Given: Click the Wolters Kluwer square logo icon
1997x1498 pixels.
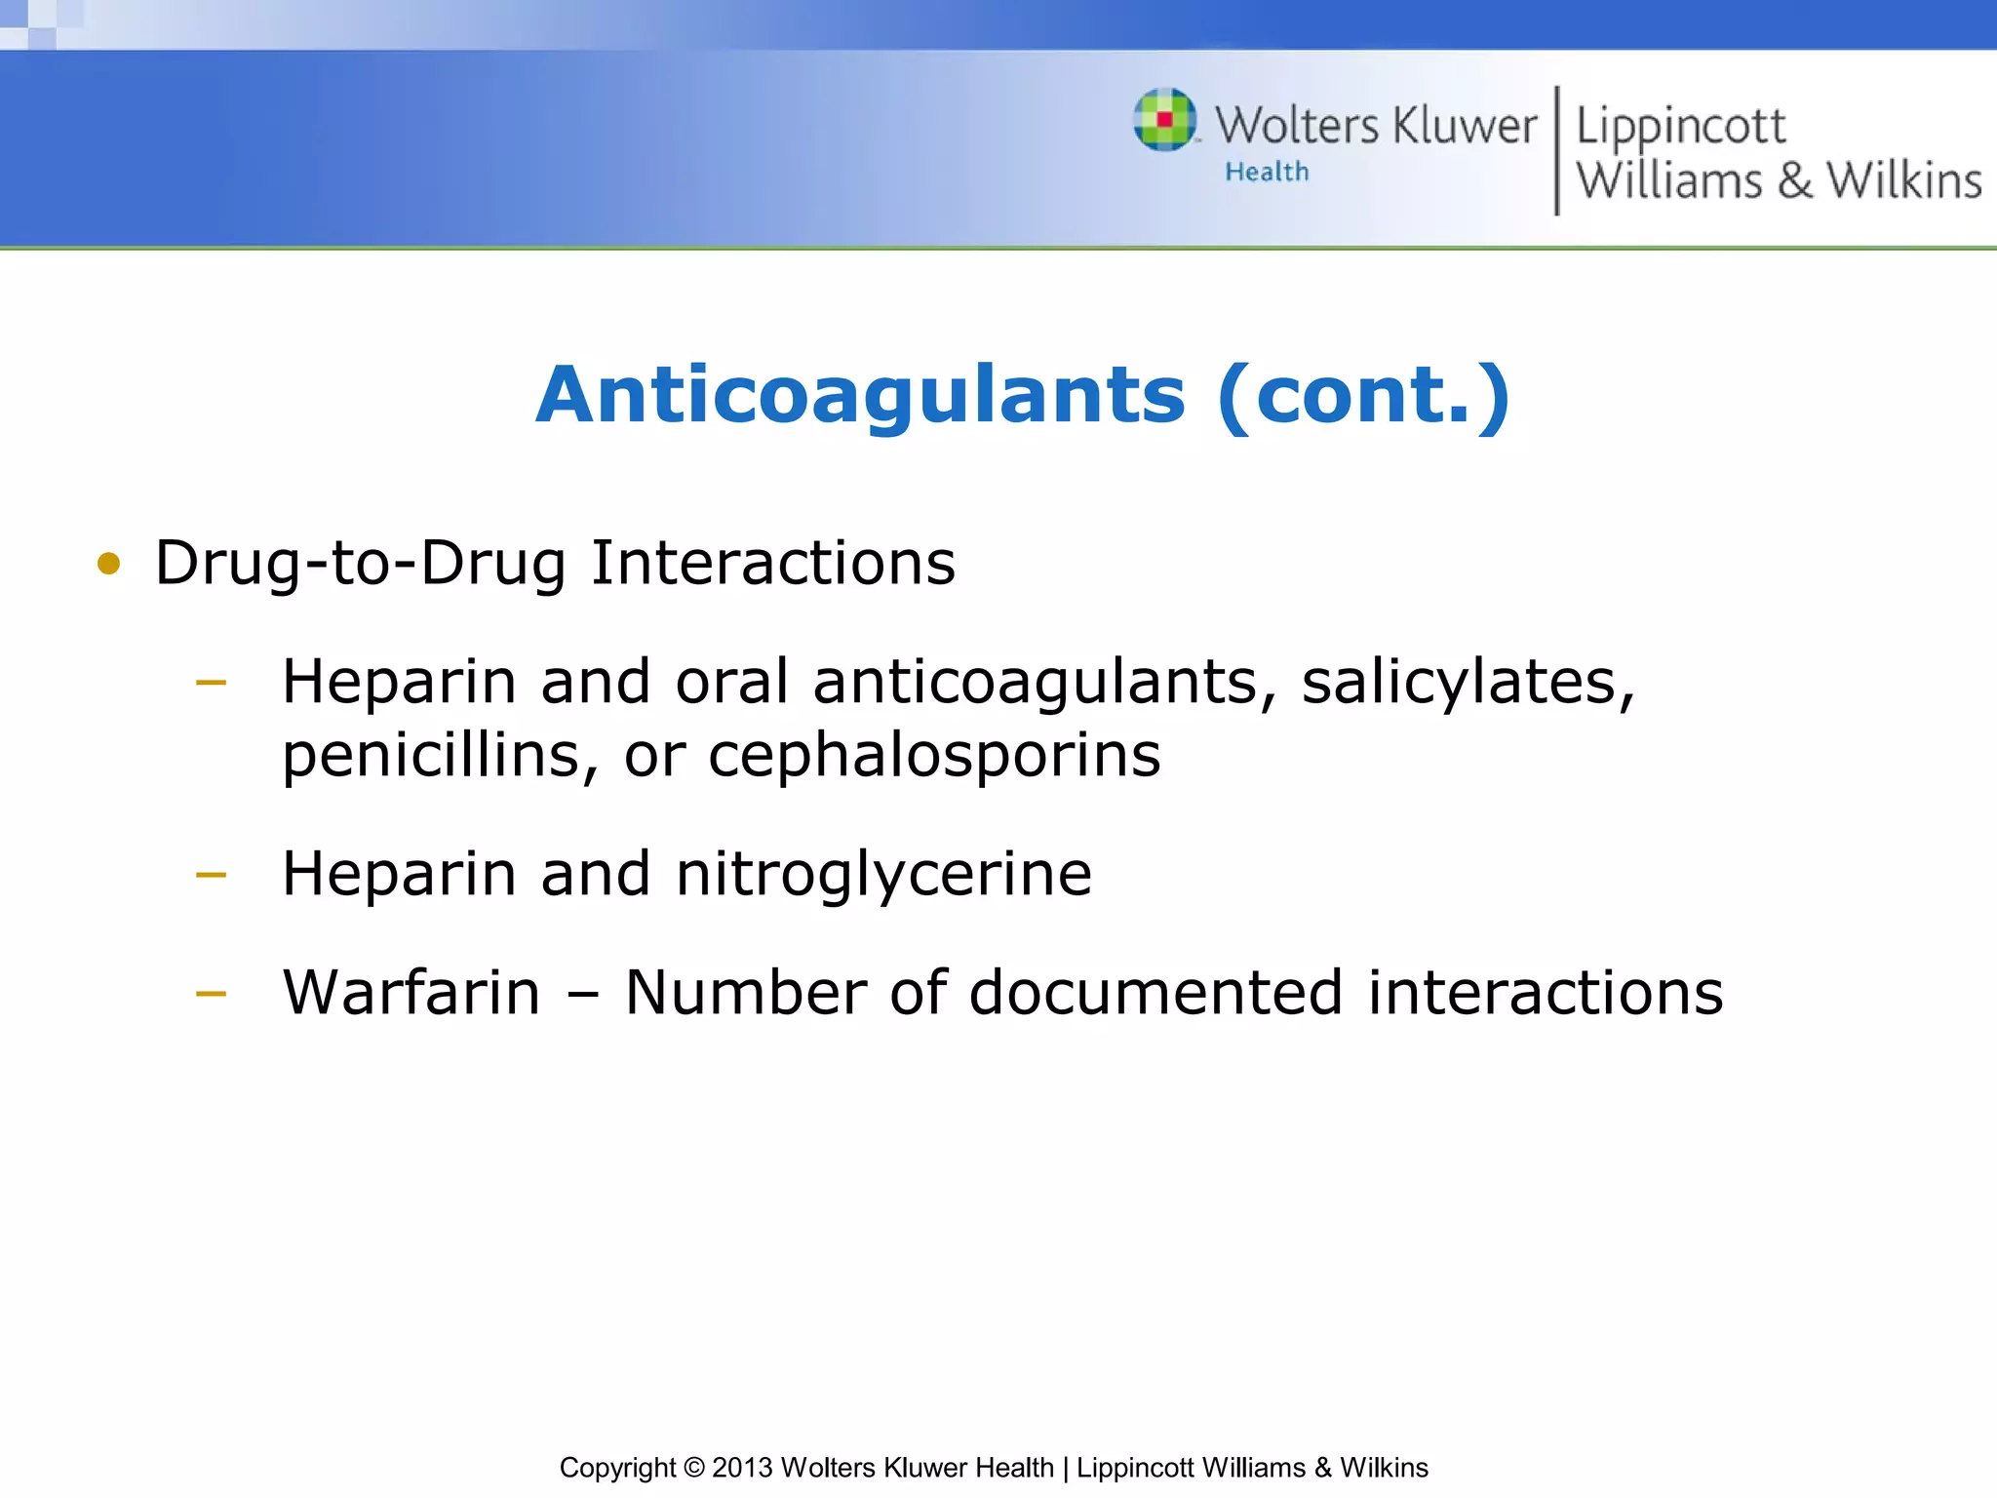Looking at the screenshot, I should [1164, 120].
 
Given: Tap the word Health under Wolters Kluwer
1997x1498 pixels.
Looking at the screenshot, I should [1267, 173].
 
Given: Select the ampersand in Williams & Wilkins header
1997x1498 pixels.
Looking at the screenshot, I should [1794, 181].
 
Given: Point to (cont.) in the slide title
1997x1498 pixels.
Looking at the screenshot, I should [1364, 395].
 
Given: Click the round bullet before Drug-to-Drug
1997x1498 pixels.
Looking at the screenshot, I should [109, 564].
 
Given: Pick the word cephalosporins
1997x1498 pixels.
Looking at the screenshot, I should [934, 756].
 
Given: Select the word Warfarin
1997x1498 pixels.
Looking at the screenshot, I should [411, 993].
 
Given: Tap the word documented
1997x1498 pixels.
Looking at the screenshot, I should [1155, 993].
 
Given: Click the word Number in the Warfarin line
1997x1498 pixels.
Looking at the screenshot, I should [745, 993].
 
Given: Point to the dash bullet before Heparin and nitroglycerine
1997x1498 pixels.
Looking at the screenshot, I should [211, 875].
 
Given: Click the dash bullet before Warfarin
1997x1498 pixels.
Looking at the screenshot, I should [211, 995].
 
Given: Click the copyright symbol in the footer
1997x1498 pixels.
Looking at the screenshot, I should [693, 1468].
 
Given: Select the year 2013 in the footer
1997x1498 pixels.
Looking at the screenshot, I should [742, 1468].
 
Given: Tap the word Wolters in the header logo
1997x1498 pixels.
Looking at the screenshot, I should [1297, 126].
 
